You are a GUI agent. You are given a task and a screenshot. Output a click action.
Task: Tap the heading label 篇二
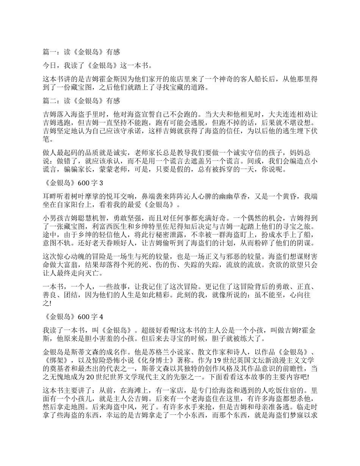click(x=49, y=101)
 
